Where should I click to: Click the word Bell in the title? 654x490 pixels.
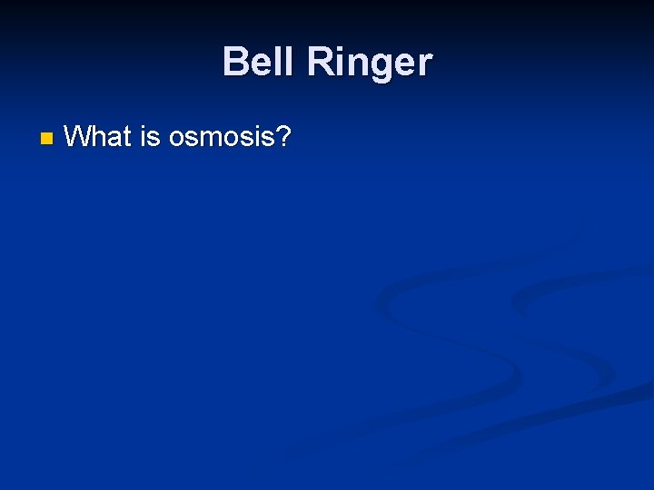(259, 63)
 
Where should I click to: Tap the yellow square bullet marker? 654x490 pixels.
(46, 139)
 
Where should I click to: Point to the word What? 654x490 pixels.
(98, 137)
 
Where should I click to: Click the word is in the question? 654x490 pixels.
(149, 137)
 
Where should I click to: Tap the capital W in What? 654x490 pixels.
(79, 137)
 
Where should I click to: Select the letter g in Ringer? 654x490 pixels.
(381, 67)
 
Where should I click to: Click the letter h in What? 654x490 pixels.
(101, 137)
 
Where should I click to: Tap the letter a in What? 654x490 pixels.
(116, 140)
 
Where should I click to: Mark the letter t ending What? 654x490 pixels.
(128, 138)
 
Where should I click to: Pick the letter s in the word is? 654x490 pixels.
(154, 140)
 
